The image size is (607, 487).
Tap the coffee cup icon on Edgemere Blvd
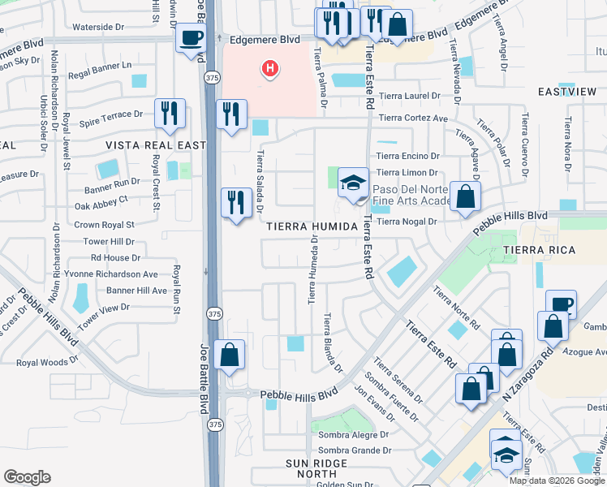[x=191, y=38]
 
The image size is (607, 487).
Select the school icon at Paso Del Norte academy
[x=353, y=183]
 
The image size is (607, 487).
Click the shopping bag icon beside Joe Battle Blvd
[x=230, y=355]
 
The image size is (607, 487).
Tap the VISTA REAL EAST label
[x=145, y=144]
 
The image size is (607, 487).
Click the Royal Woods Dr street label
[x=47, y=362]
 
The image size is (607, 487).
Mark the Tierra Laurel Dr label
[x=411, y=95]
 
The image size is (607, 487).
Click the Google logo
[x=27, y=477]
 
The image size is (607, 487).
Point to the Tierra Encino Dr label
[x=407, y=156]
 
